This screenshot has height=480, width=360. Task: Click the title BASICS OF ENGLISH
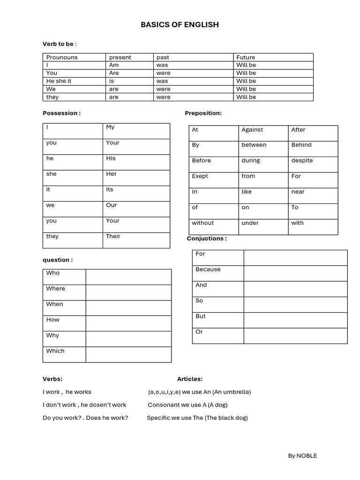pyautogui.click(x=180, y=24)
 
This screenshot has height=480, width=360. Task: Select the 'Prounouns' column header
pyautogui.click(x=62, y=57)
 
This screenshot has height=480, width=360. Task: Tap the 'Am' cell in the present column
pyautogui.click(x=114, y=65)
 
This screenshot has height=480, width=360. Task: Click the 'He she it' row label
pyautogui.click(x=59, y=81)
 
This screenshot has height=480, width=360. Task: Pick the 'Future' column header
pyautogui.click(x=246, y=57)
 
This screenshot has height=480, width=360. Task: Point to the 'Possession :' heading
pyautogui.click(x=61, y=113)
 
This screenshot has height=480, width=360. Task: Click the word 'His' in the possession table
pyautogui.click(x=111, y=158)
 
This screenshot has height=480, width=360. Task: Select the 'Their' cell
pyautogui.click(x=113, y=236)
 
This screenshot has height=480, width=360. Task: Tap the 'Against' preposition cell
pyautogui.click(x=252, y=130)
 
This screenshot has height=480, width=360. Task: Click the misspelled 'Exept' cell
pyautogui.click(x=200, y=176)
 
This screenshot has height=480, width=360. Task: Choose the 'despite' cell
pyautogui.click(x=302, y=160)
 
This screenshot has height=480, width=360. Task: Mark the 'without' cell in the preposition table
pyautogui.click(x=202, y=223)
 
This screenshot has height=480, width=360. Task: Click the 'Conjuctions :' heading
pyautogui.click(x=207, y=239)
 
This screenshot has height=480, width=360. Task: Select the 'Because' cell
pyautogui.click(x=208, y=270)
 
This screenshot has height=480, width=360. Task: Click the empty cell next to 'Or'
pyautogui.click(x=295, y=336)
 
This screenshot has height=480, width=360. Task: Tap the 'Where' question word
pyautogui.click(x=55, y=289)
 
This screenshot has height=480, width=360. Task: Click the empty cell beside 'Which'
pyautogui.click(x=128, y=354)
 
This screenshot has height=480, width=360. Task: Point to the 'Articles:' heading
pyautogui.click(x=190, y=379)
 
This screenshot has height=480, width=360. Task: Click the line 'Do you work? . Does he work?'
pyautogui.click(x=85, y=418)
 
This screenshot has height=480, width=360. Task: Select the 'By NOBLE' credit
pyautogui.click(x=302, y=456)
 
